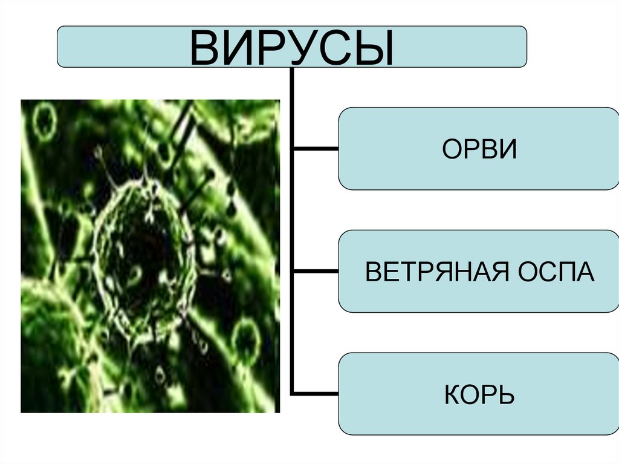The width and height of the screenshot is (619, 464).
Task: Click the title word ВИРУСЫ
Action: pos(292,47)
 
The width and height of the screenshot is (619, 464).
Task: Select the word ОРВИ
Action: pos(480,149)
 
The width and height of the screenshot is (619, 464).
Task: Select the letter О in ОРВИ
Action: pos(453,149)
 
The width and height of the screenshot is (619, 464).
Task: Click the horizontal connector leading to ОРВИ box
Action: pos(316,148)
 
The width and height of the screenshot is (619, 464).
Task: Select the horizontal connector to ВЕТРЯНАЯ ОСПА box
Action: pos(316,270)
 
